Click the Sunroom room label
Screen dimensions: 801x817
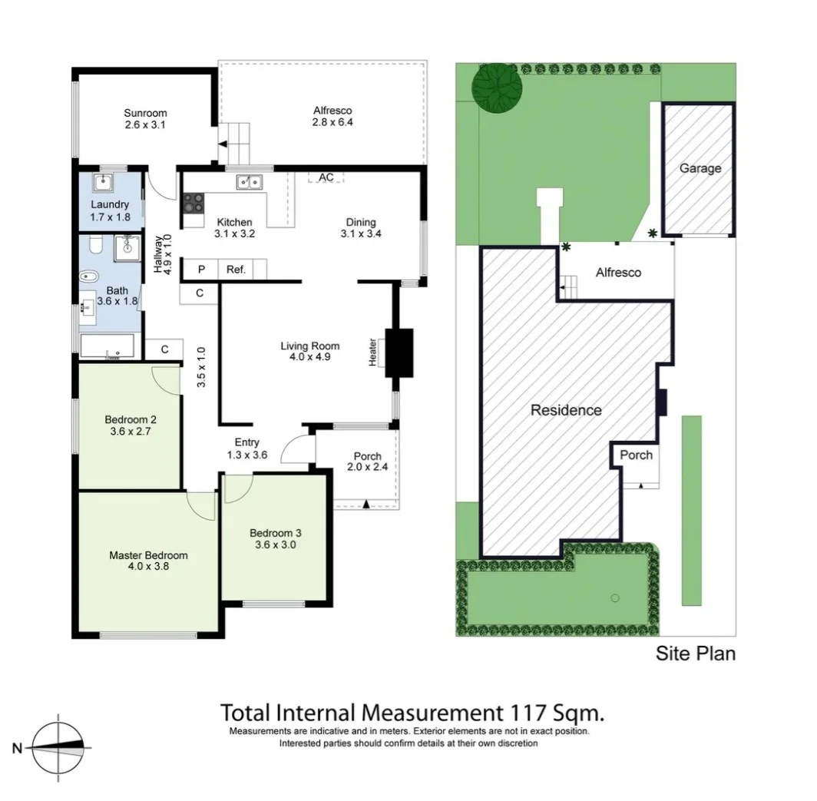[145, 113]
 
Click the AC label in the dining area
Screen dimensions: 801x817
[326, 177]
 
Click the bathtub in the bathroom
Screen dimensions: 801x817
[107, 346]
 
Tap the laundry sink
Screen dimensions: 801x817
[102, 184]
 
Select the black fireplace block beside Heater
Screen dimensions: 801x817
[399, 353]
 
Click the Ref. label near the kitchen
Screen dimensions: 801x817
[235, 270]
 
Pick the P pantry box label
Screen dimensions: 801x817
[202, 270]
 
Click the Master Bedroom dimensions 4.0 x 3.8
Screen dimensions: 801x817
[148, 567]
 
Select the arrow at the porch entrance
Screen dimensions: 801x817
[365, 504]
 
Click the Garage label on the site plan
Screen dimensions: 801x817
[700, 168]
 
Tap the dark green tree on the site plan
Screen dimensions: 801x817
[495, 87]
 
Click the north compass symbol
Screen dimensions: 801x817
[60, 746]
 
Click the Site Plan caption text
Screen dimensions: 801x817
[695, 654]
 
